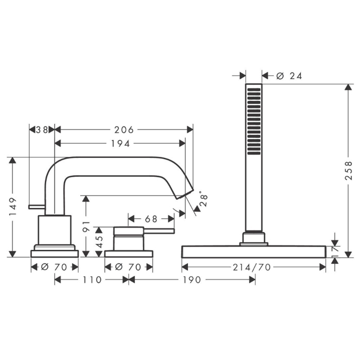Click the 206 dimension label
click(x=124, y=130)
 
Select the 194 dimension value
click(x=120, y=143)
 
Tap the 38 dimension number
click(x=42, y=130)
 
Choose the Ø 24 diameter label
click(x=289, y=76)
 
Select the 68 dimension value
click(x=151, y=219)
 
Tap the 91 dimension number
click(x=86, y=227)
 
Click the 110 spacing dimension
click(x=92, y=280)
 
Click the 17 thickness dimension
click(x=336, y=250)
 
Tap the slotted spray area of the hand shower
click(x=254, y=121)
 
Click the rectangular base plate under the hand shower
click(x=254, y=251)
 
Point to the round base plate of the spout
click(x=55, y=253)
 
